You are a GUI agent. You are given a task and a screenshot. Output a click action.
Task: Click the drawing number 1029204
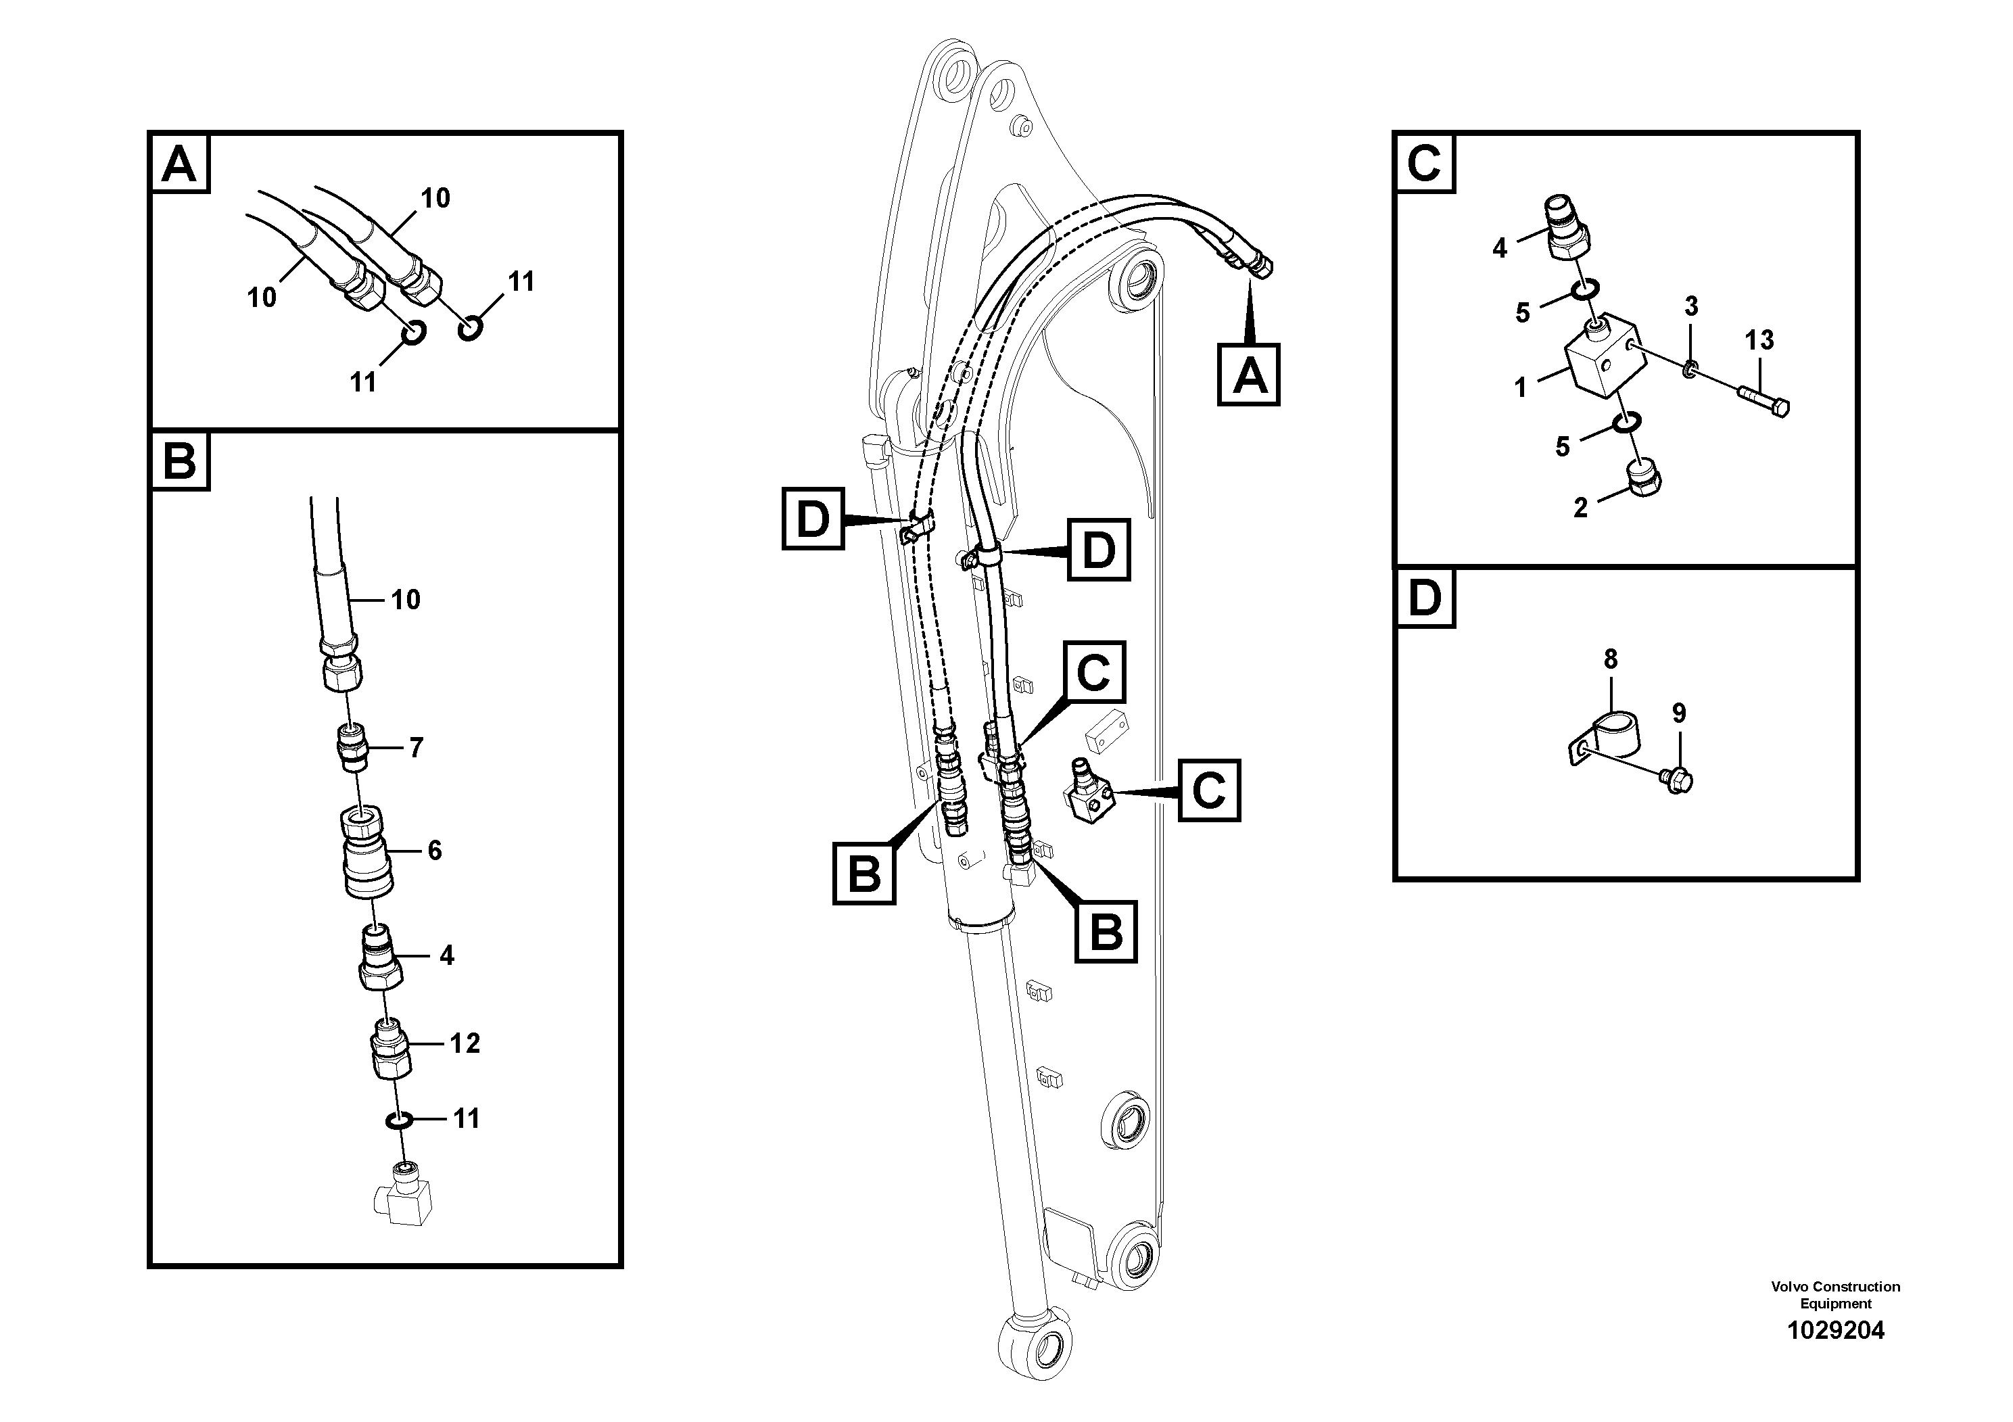[x=1835, y=1331]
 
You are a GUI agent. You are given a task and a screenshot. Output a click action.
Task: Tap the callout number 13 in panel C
[x=1759, y=340]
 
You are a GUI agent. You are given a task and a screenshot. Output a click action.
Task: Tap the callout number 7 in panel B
[x=416, y=748]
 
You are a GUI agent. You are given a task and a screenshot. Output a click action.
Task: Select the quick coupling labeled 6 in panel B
[x=366, y=851]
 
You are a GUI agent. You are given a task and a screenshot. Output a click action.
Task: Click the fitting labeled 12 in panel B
[x=390, y=1049]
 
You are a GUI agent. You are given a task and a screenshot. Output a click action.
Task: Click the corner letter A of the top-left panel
[x=180, y=163]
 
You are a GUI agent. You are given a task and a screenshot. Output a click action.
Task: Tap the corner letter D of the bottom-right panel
[x=1424, y=599]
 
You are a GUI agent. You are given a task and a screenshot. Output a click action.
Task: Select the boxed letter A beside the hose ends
[x=1248, y=375]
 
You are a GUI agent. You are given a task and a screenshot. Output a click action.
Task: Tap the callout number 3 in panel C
[x=1690, y=307]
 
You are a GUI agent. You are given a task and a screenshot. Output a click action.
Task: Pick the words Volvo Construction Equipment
[x=1835, y=1295]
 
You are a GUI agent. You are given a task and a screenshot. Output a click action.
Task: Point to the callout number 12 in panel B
[x=465, y=1043]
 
